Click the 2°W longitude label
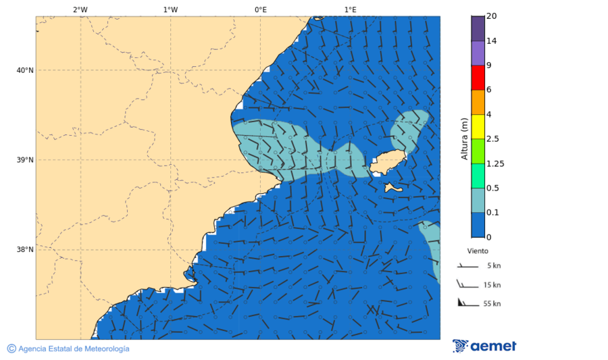(x=80, y=9)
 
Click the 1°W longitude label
(x=170, y=9)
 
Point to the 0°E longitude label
(x=260, y=9)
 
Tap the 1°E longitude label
(x=350, y=9)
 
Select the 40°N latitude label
(x=25, y=70)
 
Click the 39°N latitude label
(x=25, y=160)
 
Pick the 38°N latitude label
(x=25, y=250)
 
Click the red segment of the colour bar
(x=478, y=77)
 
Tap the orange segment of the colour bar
(x=478, y=102)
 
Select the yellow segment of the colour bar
(x=478, y=126)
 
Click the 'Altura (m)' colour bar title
(x=464, y=138)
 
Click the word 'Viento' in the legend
(x=478, y=251)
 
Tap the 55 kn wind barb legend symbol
(x=467, y=303)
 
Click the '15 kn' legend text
(x=492, y=285)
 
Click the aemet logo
(x=484, y=346)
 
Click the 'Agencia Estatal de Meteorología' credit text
(x=74, y=349)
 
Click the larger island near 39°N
(x=388, y=162)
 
